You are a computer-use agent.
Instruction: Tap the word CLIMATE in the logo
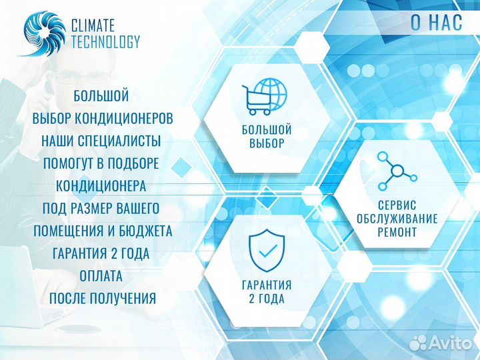point(93,26)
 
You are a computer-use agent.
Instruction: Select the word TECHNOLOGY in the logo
point(105,42)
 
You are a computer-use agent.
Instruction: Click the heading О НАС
point(436,23)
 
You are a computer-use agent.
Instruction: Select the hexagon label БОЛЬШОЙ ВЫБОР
point(267,136)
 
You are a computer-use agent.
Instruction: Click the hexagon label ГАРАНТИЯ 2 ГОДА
point(267,291)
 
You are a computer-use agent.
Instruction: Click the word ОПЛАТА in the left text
point(101,276)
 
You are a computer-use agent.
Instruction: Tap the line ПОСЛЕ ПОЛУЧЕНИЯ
point(103,298)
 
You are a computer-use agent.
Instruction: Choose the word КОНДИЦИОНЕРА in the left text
point(101,186)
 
